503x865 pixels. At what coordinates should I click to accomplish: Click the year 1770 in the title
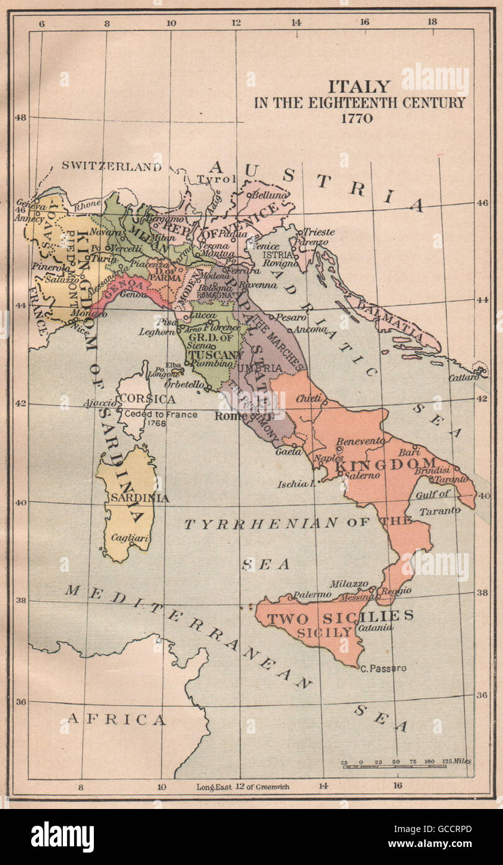(x=356, y=118)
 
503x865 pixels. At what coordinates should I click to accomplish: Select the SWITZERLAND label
(x=111, y=167)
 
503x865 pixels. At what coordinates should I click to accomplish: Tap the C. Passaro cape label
(x=383, y=668)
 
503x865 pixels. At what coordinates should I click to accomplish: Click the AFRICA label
(x=116, y=720)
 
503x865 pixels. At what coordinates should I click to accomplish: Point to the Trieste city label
(x=319, y=231)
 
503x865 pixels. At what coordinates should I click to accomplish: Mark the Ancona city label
(x=311, y=329)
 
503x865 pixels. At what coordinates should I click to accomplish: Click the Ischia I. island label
(x=296, y=483)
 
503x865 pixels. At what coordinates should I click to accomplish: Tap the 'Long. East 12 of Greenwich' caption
(x=242, y=787)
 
